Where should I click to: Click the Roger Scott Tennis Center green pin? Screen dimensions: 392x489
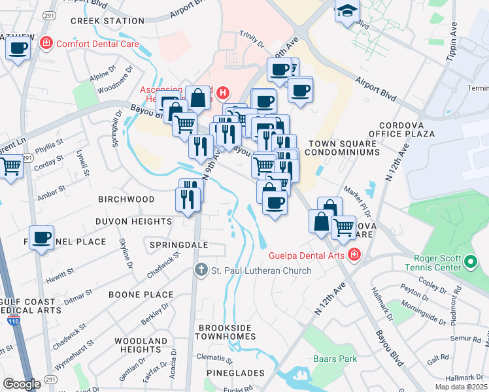click(x=470, y=263)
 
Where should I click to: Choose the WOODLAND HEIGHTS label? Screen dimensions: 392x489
click(x=141, y=345)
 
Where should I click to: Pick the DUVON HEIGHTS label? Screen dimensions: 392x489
click(x=133, y=221)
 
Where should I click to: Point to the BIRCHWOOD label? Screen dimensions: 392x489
click(x=126, y=199)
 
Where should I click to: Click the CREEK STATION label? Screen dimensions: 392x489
click(x=107, y=21)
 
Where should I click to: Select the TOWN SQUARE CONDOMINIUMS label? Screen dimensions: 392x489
click(x=344, y=148)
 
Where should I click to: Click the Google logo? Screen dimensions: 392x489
click(x=22, y=384)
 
